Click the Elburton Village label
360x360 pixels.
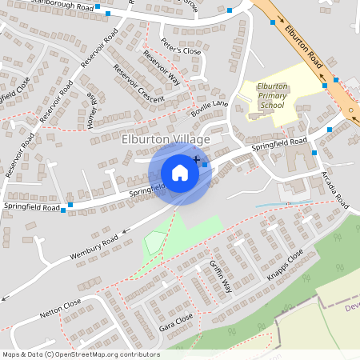coord(165,139)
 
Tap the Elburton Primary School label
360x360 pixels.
coord(272,95)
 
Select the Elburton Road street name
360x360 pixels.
coord(303,49)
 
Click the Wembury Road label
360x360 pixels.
coord(94,245)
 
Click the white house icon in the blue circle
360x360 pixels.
coord(180,172)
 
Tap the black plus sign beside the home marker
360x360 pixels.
coord(197,161)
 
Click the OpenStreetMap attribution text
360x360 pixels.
coord(81,354)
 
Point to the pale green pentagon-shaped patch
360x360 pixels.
coord(154,242)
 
